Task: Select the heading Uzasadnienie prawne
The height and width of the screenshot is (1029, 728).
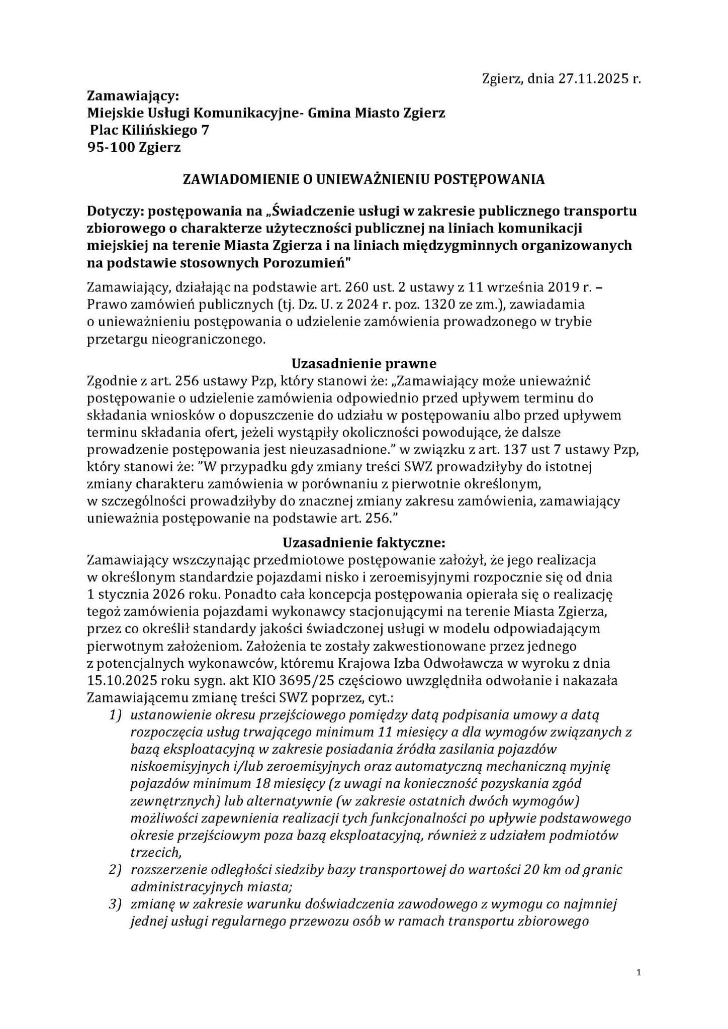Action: click(x=364, y=363)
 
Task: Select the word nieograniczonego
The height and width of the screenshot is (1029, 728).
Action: click(x=214, y=339)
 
